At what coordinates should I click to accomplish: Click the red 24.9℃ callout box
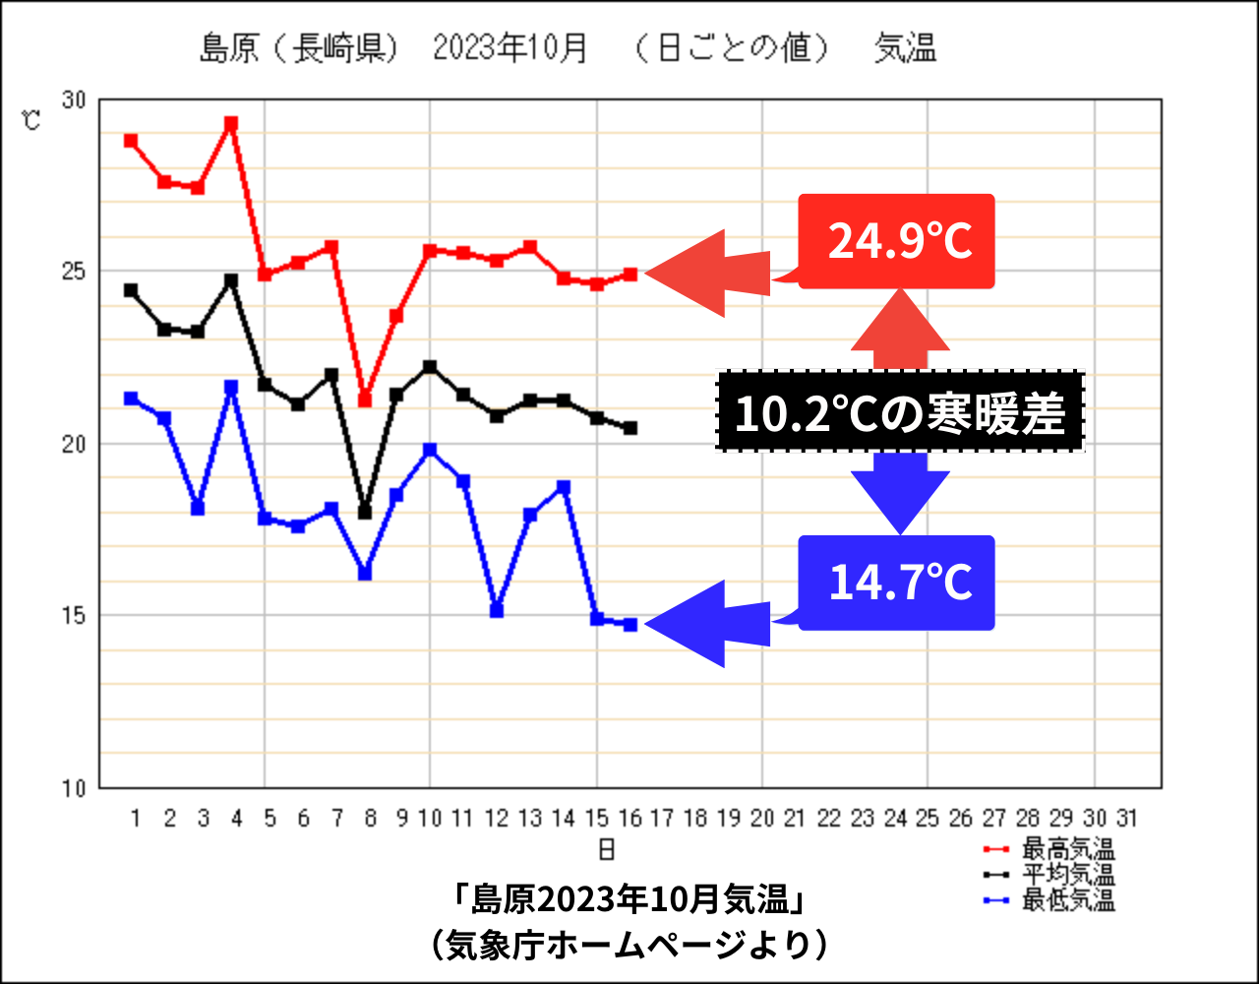coord(896,241)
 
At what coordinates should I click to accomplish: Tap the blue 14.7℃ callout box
coord(896,583)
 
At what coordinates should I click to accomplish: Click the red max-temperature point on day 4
coord(231,124)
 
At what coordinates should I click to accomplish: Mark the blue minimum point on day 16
coord(630,625)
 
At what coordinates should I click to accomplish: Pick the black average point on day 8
coord(365,513)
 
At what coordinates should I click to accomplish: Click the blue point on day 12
coord(497,611)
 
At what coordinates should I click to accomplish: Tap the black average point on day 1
coord(131,290)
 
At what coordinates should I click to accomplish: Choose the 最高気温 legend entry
coord(1067,849)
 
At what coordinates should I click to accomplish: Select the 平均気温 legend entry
coord(1067,874)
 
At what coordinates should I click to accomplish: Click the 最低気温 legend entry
coord(1067,899)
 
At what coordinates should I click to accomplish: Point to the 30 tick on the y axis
coord(75,100)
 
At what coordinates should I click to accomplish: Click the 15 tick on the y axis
coord(75,616)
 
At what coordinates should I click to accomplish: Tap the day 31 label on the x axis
coord(1127,818)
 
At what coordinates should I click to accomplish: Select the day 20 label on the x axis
coord(762,818)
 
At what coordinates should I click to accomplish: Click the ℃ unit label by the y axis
coord(32,121)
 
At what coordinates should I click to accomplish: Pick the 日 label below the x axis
coord(607,848)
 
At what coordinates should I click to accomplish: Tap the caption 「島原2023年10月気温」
coord(629,898)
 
